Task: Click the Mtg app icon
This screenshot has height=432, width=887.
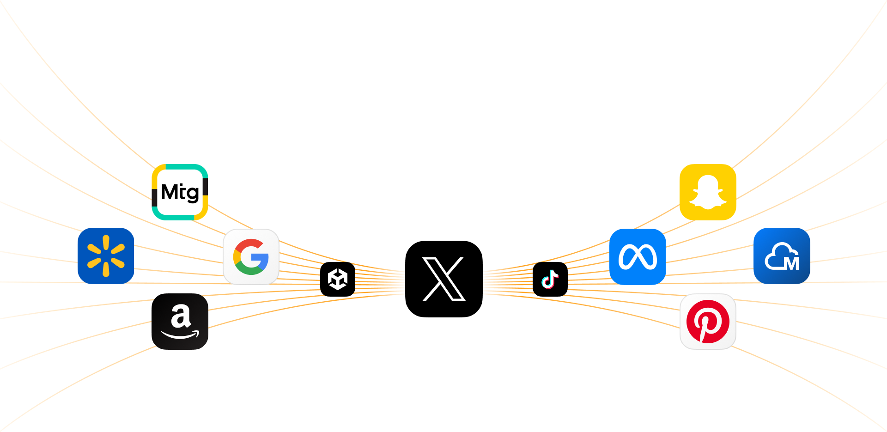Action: tap(180, 192)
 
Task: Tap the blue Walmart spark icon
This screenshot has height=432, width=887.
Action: tap(106, 256)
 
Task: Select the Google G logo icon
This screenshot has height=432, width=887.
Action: tap(251, 257)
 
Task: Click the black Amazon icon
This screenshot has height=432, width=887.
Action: tap(180, 322)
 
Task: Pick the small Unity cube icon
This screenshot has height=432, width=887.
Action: tap(338, 279)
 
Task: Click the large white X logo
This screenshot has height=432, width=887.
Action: tap(443, 279)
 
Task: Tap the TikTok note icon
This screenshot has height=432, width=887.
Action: tap(550, 279)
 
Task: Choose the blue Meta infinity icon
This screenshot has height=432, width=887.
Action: tap(638, 257)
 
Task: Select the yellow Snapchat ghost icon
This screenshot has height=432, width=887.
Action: tap(708, 192)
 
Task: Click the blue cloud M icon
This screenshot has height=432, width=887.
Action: tap(782, 256)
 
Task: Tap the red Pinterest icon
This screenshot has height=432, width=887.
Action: tap(708, 322)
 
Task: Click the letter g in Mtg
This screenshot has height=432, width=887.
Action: tap(193, 194)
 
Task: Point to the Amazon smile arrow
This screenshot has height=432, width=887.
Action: tap(180, 335)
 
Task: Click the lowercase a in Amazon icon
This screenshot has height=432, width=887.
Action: tap(181, 316)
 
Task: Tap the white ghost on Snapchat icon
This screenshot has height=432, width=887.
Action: tap(708, 191)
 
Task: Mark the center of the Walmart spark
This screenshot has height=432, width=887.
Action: tap(106, 256)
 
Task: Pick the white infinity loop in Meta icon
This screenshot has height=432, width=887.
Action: tap(638, 257)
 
